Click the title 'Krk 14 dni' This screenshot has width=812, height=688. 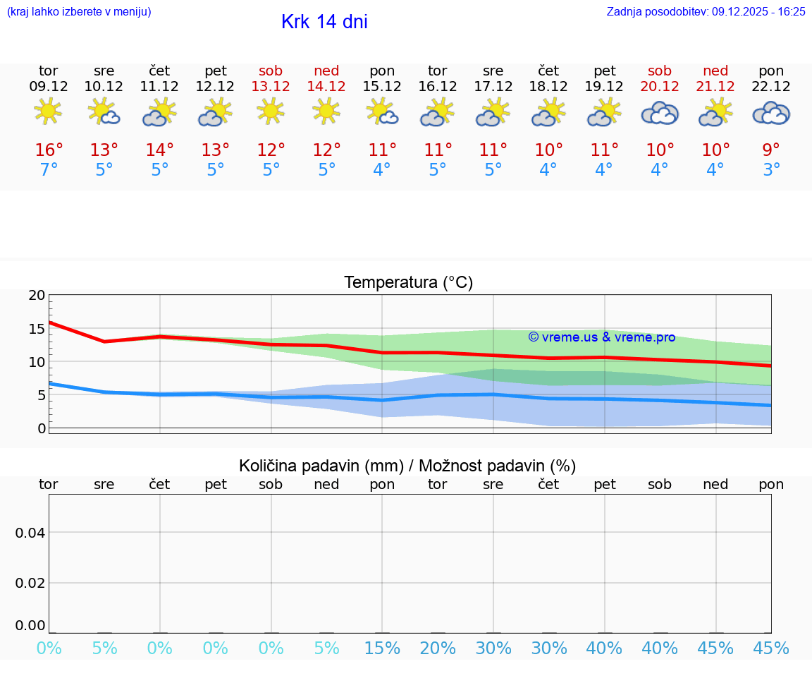coord(324,22)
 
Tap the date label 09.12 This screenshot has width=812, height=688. coord(49,87)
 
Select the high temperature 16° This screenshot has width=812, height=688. coord(49,150)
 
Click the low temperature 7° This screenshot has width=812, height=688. coord(49,170)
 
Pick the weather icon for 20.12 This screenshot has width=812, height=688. coord(660,113)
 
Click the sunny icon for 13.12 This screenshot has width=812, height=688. coord(271,111)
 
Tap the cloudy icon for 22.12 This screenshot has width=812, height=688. coord(771,113)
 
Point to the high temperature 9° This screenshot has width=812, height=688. coord(771,150)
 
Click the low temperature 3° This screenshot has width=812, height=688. coord(771,170)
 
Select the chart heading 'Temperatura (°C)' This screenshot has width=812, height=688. coord(408,283)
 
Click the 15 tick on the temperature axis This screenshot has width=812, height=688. coord(36,329)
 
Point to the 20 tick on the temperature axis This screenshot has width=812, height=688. coord(36,296)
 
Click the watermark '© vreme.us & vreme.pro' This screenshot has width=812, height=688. coord(601,337)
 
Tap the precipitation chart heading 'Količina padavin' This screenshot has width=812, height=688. coord(407,466)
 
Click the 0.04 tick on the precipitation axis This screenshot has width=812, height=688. coord(30,532)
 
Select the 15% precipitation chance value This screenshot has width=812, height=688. coord(382,648)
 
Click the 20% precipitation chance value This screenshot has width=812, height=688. coord(438,648)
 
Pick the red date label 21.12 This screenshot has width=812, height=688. coord(715,87)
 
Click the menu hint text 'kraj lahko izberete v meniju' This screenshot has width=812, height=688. coord(78,11)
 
